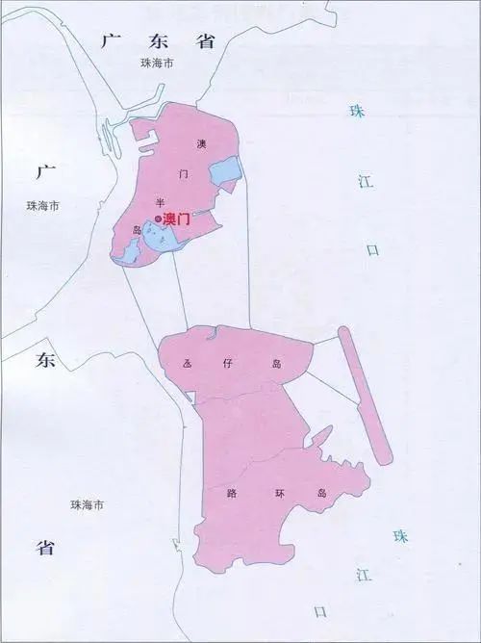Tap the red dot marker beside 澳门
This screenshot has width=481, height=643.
point(159,220)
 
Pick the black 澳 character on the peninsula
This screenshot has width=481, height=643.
point(201,144)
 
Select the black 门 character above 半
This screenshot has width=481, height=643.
point(184,174)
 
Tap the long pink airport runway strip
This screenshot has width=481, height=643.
point(365,395)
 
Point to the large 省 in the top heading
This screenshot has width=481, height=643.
point(204,40)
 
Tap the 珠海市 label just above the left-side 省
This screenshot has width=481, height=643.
point(87,505)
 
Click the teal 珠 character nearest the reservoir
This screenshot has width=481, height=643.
point(358,111)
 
